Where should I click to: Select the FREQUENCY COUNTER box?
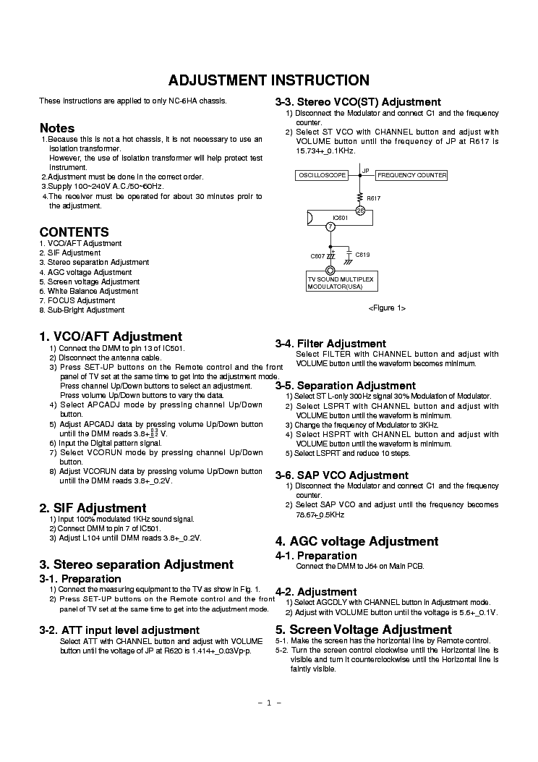click(x=411, y=176)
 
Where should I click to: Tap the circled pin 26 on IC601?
click(x=359, y=211)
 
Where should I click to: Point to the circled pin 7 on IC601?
click(x=330, y=227)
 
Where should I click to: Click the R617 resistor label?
click(x=373, y=197)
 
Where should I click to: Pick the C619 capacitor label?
click(x=362, y=255)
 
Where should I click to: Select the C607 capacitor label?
click(x=317, y=256)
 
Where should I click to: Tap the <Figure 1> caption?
click(x=387, y=308)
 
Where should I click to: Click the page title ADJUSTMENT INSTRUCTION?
click(x=269, y=80)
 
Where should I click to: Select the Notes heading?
click(x=57, y=127)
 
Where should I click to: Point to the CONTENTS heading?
click(x=74, y=232)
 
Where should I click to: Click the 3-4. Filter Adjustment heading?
click(x=330, y=343)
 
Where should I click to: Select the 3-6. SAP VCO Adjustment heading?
click(x=341, y=475)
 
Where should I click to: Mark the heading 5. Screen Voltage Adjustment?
click(x=363, y=629)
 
